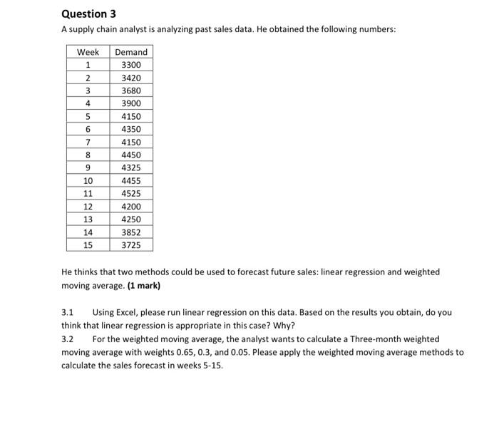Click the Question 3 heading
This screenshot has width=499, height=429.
coord(88,14)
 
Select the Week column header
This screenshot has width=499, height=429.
coord(88,52)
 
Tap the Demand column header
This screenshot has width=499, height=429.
coord(131,52)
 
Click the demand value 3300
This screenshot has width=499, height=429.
coord(131,65)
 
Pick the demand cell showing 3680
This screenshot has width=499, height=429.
coord(131,91)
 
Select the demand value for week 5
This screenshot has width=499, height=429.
coord(131,116)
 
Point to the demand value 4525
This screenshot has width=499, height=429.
coord(131,193)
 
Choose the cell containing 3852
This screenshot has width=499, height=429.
coord(131,232)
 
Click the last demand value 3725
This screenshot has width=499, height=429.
coord(131,245)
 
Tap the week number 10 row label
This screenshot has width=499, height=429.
coord(88,180)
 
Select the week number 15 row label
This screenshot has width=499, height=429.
coord(88,245)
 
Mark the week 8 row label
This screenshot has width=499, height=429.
coord(88,155)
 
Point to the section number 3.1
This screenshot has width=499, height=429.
coord(68,312)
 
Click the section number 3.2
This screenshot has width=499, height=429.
coord(68,339)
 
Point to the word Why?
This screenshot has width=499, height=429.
coord(284,325)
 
